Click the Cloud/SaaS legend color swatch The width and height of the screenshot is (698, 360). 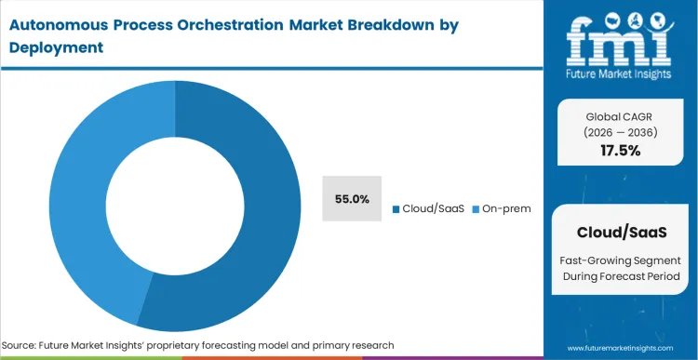(396, 208)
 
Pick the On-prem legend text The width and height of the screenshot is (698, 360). (506, 208)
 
